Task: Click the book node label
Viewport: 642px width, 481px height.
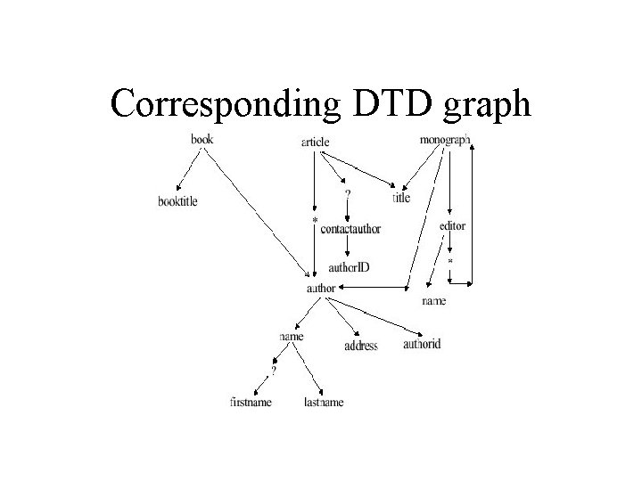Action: click(202, 138)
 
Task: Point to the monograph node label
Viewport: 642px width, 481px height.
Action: click(444, 140)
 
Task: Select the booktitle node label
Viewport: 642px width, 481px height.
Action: click(177, 201)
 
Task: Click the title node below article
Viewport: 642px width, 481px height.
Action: click(401, 198)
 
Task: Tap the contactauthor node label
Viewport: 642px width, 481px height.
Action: click(350, 229)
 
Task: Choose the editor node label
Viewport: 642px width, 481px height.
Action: click(452, 226)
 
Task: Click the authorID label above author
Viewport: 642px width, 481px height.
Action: click(350, 267)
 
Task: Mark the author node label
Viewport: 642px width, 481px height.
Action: click(320, 288)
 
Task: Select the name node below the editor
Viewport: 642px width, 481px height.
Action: click(434, 301)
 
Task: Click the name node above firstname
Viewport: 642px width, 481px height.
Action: click(291, 337)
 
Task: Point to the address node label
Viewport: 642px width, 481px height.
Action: click(361, 346)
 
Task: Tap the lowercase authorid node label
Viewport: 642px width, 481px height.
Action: click(422, 343)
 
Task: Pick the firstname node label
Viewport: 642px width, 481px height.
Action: click(251, 402)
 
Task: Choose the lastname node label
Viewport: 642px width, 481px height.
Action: click(323, 402)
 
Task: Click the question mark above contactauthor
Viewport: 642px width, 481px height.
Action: click(347, 191)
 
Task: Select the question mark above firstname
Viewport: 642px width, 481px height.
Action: click(274, 369)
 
